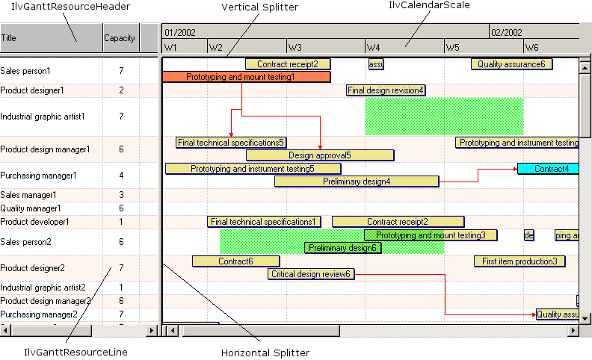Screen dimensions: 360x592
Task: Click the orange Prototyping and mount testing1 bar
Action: click(x=246, y=77)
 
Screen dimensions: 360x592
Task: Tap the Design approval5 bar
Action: click(x=319, y=155)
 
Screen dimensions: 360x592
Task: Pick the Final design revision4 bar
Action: click(x=386, y=90)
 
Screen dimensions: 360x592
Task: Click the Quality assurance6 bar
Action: click(x=511, y=64)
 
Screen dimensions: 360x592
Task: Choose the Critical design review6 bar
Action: click(x=310, y=274)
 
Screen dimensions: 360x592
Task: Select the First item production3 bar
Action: click(x=519, y=261)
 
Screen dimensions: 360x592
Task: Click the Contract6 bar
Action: click(x=235, y=261)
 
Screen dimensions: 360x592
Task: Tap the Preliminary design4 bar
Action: click(x=357, y=181)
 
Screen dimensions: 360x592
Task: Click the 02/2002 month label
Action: click(x=507, y=33)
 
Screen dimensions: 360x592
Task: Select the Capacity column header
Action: click(x=120, y=37)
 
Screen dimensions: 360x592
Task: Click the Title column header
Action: click(x=9, y=37)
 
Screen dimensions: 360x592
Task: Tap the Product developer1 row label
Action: click(x=34, y=222)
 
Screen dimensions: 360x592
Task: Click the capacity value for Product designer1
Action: click(x=121, y=90)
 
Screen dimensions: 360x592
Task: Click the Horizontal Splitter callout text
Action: click(x=265, y=353)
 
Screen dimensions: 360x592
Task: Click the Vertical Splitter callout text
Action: click(x=260, y=7)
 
